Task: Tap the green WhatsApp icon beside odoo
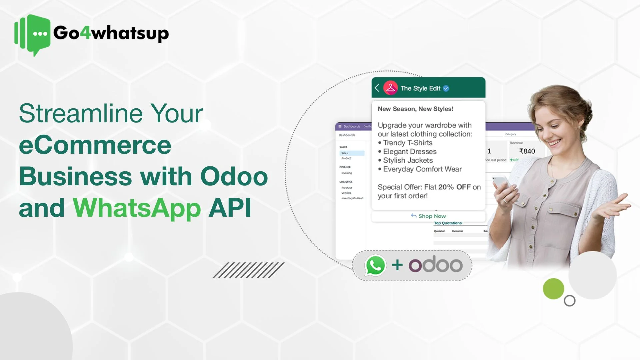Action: (375, 265)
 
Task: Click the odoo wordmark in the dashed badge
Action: (435, 265)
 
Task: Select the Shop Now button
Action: (429, 216)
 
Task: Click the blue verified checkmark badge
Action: (446, 88)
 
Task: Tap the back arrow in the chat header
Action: (377, 88)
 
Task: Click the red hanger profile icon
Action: (390, 88)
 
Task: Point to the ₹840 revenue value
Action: (527, 151)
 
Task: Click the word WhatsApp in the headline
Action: (137, 208)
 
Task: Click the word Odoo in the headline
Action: (234, 176)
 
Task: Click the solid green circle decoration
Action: (553, 289)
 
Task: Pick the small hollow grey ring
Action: (570, 301)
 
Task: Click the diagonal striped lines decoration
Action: (248, 270)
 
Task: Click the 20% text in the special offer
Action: (446, 187)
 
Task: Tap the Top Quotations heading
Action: (448, 223)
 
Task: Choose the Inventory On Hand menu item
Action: (352, 198)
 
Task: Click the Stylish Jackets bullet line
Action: (408, 160)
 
